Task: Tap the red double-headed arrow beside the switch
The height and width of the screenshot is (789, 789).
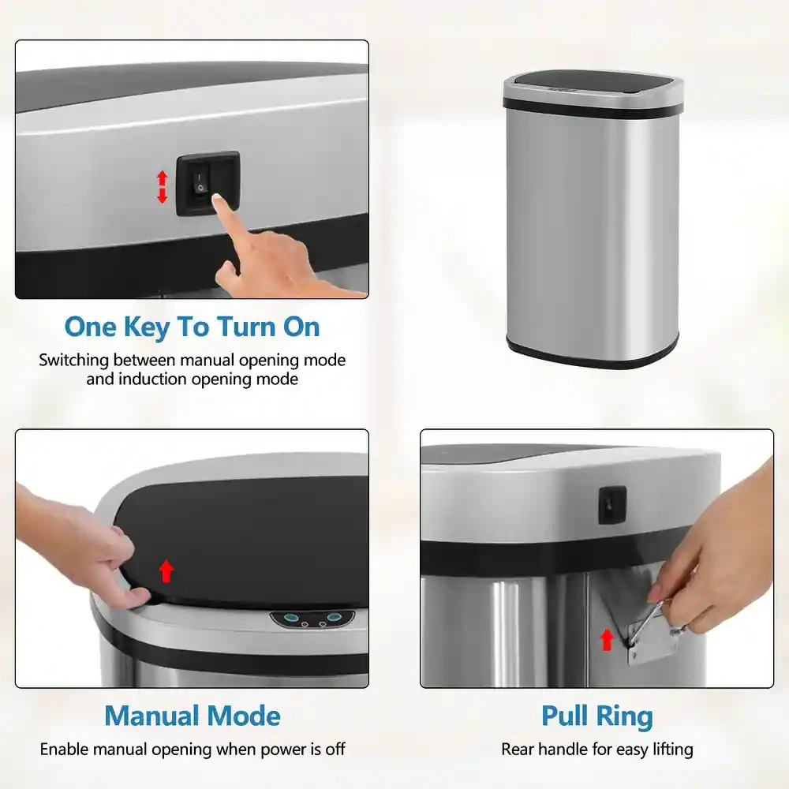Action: click(x=162, y=186)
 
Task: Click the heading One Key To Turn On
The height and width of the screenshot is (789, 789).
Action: click(x=192, y=326)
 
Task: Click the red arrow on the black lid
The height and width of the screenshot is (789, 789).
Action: click(x=166, y=570)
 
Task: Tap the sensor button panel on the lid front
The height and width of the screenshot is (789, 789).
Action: click(x=312, y=619)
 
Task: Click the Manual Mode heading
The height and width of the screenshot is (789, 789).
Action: click(x=192, y=716)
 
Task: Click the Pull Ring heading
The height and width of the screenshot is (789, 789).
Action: click(x=596, y=716)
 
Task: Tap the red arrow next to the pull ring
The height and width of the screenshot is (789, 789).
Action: click(x=606, y=638)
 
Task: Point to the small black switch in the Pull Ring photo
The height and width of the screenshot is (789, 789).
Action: click(x=612, y=505)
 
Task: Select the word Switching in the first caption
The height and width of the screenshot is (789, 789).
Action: click(x=74, y=360)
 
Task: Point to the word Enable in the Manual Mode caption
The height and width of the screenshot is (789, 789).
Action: click(x=65, y=749)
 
